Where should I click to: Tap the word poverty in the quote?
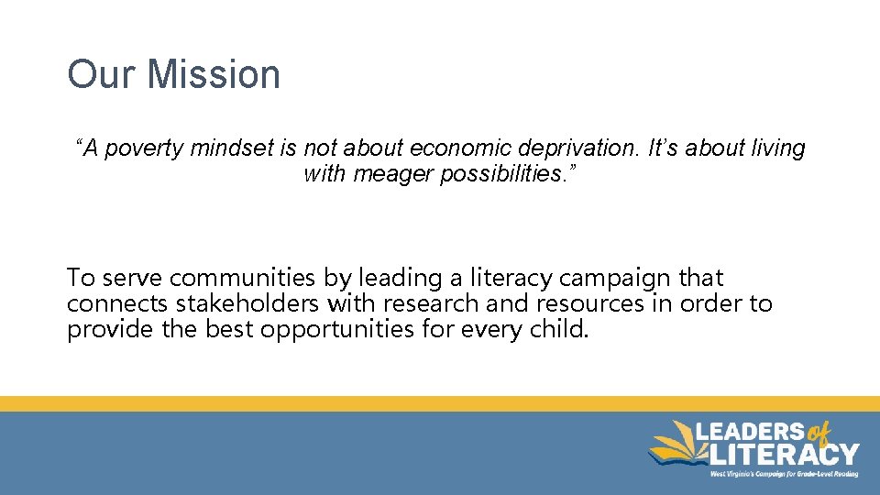coord(146,148)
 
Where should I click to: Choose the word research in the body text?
coord(432,303)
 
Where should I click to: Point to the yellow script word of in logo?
coord(821,434)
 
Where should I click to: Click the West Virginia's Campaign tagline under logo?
coord(784,474)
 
